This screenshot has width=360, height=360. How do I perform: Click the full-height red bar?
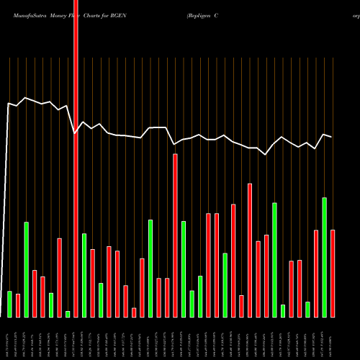pos(76,158)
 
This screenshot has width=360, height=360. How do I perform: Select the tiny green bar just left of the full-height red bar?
pos(68,314)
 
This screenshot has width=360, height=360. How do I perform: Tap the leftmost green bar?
pos(9,304)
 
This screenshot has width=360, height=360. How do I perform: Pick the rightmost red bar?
pos(333,273)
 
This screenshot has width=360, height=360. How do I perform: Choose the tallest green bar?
pos(325,257)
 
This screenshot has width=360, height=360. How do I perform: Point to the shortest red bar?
pos(135,312)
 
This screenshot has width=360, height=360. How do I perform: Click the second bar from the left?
pos(18,305)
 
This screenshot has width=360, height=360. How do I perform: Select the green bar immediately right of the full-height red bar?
pos(84,275)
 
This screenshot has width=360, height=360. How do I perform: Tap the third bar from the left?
pos(26,269)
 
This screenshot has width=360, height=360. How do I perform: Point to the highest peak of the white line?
pos(26,98)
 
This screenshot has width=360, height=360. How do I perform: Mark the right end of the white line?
pos(332,137)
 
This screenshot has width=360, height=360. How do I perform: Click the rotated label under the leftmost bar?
pos(9,338)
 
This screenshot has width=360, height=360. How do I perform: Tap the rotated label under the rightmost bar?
pos(333,338)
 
